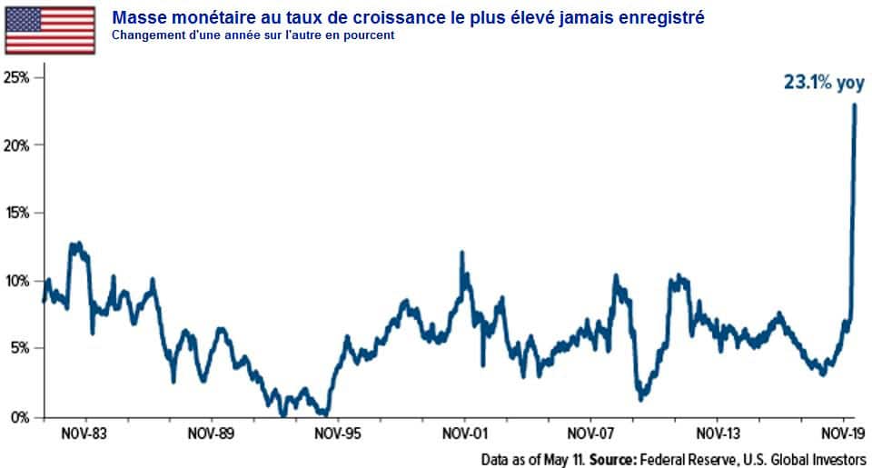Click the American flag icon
tap(50, 30)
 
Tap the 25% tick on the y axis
tap(18, 77)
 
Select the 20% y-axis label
tap(18, 145)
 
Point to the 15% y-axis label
tap(18, 213)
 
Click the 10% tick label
tap(18, 281)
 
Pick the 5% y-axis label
tap(21, 348)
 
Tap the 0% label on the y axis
tap(21, 417)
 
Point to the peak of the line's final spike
tap(855, 105)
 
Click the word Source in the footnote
tap(613, 459)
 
